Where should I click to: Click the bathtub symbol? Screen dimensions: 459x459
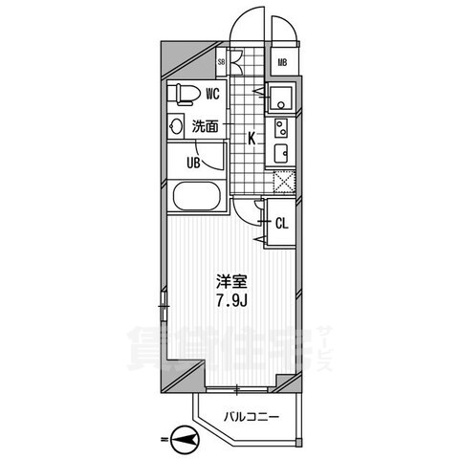[197, 199]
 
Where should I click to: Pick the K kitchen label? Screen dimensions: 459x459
[251, 138]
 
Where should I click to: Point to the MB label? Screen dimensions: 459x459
[283, 64]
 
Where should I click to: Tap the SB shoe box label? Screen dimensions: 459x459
[223, 64]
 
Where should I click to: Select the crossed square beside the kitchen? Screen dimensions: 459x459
[283, 181]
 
